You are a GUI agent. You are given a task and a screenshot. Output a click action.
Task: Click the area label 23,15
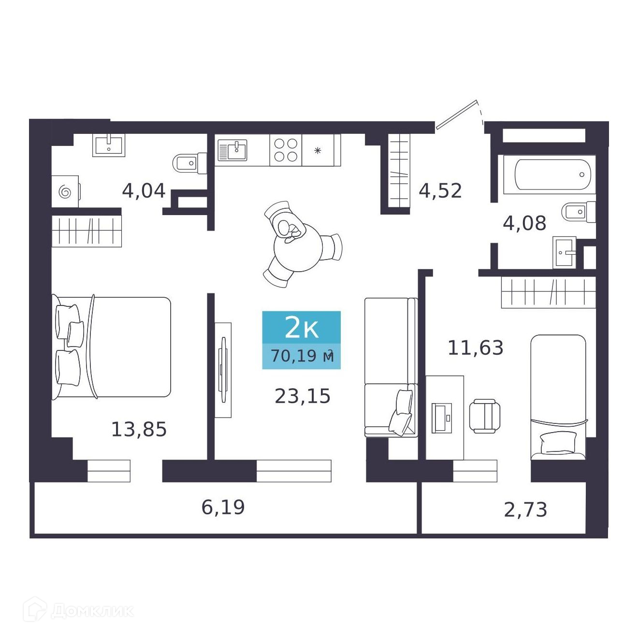(x=302, y=396)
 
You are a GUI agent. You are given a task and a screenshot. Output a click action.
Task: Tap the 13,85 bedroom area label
(x=139, y=429)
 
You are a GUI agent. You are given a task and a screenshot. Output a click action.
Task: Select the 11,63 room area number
(x=476, y=348)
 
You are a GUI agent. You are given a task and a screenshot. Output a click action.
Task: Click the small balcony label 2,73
(x=525, y=519)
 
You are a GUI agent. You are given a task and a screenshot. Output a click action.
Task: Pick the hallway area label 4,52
(x=440, y=191)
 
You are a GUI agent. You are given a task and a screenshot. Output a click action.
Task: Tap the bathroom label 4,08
(x=524, y=223)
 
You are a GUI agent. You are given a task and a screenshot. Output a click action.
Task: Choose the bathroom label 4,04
(x=144, y=191)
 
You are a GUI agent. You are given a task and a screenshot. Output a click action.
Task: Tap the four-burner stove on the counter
(x=285, y=150)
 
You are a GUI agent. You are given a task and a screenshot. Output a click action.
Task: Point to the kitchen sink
(x=232, y=150)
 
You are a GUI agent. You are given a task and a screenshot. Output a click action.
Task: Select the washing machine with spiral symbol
(x=65, y=191)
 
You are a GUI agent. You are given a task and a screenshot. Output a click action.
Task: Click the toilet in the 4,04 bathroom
(x=190, y=163)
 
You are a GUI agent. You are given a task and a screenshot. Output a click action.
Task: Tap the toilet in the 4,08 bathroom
(x=579, y=212)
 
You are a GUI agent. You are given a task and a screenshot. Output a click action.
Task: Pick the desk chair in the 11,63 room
(x=485, y=416)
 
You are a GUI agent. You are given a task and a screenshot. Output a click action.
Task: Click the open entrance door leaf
(x=456, y=115)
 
